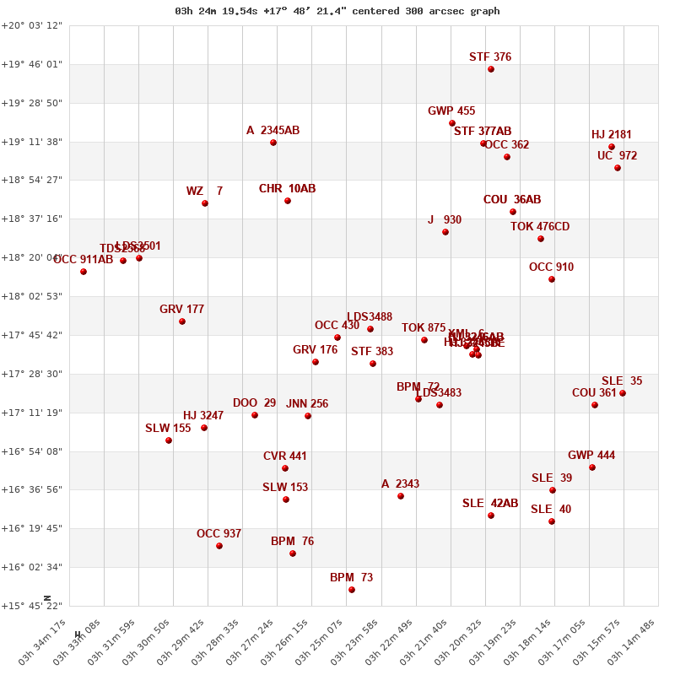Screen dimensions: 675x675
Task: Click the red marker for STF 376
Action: [x=491, y=69]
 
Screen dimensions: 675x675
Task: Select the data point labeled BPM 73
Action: [x=352, y=590]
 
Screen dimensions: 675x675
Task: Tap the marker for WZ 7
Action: [x=205, y=203]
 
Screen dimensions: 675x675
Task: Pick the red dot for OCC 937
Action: [x=219, y=546]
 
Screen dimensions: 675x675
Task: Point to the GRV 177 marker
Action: [x=182, y=321]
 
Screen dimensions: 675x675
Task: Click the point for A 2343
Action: [x=401, y=496]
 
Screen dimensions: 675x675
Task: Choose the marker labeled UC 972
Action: [x=618, y=168]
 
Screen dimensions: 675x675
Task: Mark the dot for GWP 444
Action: [x=592, y=467]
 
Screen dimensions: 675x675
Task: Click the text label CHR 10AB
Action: [x=287, y=189]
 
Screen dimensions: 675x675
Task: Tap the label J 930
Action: [x=445, y=220]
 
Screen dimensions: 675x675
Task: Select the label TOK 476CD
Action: [x=540, y=227]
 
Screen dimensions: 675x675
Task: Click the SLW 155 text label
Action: [x=168, y=429]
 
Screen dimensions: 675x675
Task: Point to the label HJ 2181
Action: [x=612, y=135]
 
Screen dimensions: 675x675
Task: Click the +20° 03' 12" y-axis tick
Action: [x=31, y=25]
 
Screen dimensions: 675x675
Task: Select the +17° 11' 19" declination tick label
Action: [x=31, y=413]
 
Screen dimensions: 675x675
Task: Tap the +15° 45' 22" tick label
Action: [x=31, y=606]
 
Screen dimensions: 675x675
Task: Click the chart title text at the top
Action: [x=337, y=11]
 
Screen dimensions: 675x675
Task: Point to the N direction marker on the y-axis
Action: [x=47, y=597]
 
